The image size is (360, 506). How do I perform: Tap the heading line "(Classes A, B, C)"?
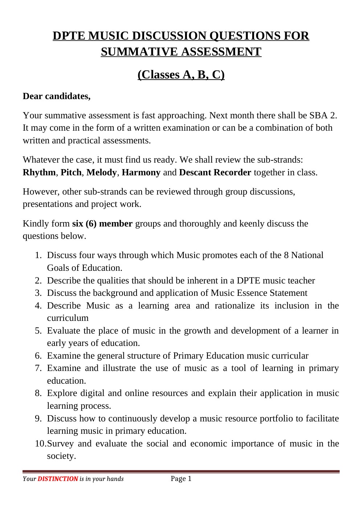(x=181, y=74)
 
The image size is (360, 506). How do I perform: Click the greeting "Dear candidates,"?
(x=56, y=96)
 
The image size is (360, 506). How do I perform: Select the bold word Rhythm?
(x=39, y=172)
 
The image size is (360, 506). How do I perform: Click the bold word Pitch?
(x=71, y=172)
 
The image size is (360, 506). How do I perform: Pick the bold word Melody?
(x=102, y=172)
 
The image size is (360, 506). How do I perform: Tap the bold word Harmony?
(x=141, y=172)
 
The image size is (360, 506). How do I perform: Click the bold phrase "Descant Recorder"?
(x=215, y=172)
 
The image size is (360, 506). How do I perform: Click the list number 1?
(x=38, y=256)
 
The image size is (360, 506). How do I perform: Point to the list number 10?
(x=40, y=444)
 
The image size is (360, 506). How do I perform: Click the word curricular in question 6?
(x=291, y=356)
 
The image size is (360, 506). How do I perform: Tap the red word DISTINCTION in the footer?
(x=58, y=479)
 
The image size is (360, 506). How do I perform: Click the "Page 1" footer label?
(x=181, y=479)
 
